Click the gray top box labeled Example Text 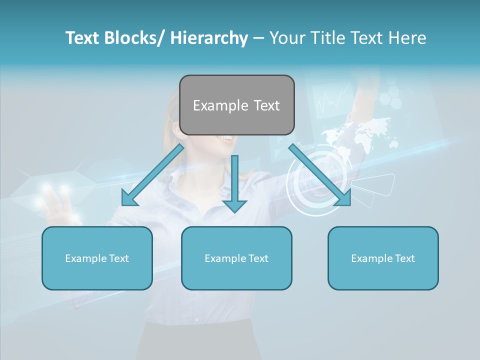236,105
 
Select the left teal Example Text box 97,258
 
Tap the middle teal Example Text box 236,258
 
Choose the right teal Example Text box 383,258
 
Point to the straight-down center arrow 234,183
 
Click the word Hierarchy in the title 209,38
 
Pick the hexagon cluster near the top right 390,95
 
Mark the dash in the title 258,38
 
